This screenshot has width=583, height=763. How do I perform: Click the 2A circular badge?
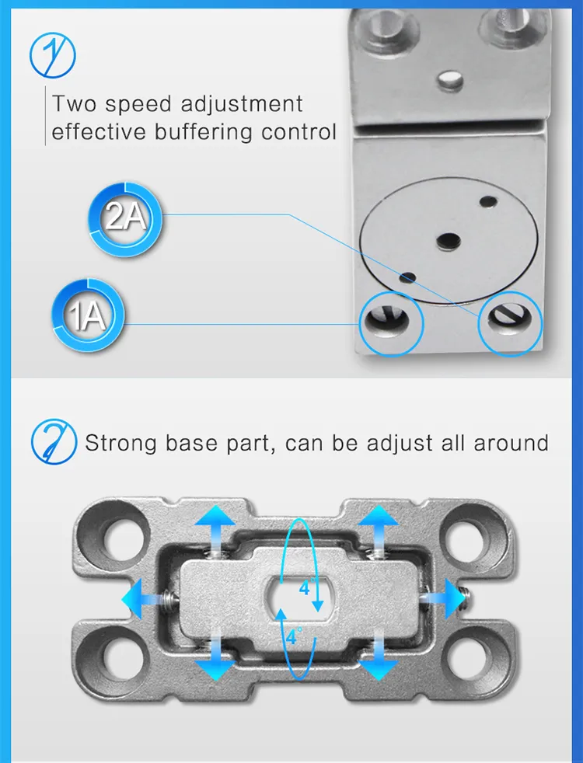[125, 219]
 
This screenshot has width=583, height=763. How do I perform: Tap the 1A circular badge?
[88, 315]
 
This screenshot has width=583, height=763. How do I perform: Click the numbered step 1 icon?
[53, 55]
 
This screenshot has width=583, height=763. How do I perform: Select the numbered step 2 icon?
[54, 441]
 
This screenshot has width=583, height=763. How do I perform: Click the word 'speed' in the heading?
[138, 105]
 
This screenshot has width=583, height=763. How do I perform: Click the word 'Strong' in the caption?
[120, 444]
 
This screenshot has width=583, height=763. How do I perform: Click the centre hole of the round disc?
[449, 240]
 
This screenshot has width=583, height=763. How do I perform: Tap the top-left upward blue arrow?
[215, 529]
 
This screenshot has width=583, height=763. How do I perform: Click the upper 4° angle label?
[306, 588]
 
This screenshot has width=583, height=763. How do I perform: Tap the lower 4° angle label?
[294, 636]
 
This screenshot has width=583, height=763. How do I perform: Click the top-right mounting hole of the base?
[465, 538]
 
